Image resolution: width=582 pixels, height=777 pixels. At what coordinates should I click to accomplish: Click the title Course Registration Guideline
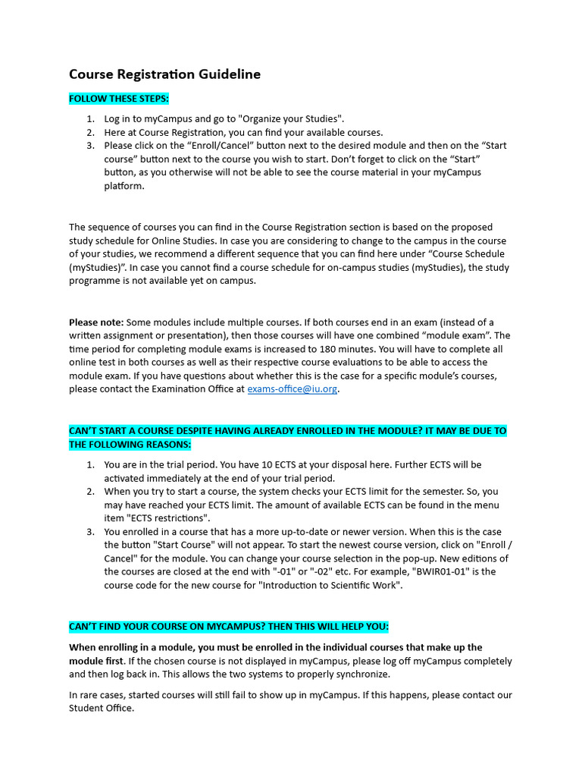164,74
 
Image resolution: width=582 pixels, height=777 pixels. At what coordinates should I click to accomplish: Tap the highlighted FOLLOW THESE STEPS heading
119,99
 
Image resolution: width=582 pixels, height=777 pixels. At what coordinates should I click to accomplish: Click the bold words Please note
95,322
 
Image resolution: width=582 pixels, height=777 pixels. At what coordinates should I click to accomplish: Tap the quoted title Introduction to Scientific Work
331,585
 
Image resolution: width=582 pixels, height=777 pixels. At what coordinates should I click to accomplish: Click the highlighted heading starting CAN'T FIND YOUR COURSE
228,627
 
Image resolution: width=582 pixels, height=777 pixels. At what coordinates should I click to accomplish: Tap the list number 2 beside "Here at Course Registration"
90,132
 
